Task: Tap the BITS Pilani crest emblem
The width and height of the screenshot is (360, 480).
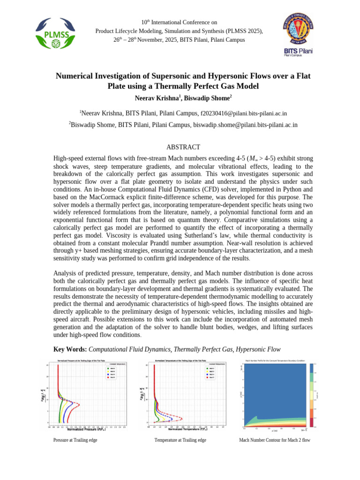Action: pos(298,29)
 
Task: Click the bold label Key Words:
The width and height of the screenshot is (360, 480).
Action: pos(70,349)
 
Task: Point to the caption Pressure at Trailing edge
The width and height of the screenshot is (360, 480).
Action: pos(75,440)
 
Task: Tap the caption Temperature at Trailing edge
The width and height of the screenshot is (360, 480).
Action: pos(180,440)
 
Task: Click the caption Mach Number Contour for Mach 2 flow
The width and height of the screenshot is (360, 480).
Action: pos(275,440)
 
